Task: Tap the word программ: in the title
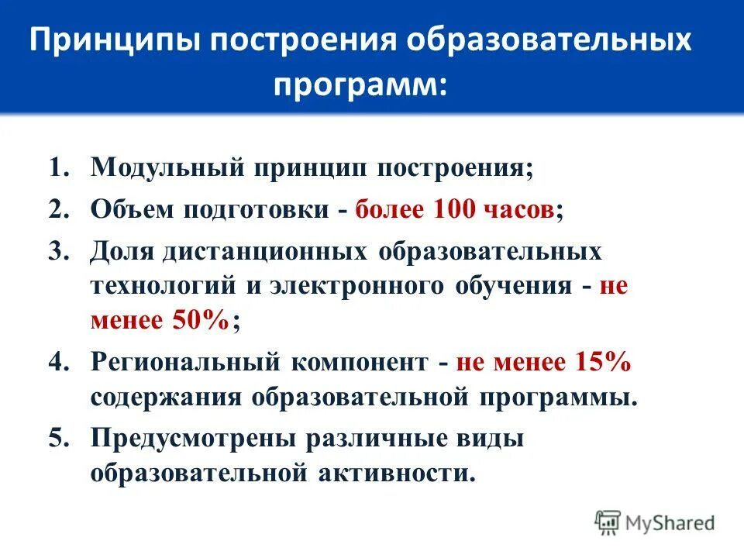point(359,82)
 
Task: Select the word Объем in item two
point(132,211)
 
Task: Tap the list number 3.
point(61,253)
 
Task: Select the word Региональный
point(185,362)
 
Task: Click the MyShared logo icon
point(608,522)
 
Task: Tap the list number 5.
point(61,439)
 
